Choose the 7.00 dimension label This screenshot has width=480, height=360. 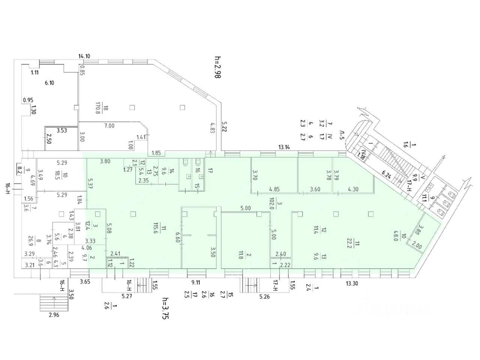pos(109,126)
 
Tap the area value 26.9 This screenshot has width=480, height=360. pos(39,239)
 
